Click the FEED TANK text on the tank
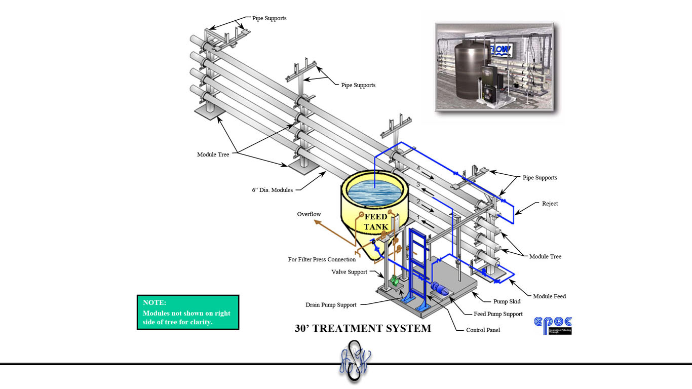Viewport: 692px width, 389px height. (376, 222)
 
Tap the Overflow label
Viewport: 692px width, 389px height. (309, 214)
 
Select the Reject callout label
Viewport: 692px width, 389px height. (550, 204)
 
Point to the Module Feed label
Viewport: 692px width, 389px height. (549, 296)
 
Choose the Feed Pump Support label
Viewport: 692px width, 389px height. (498, 314)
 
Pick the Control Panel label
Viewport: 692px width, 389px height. (483, 330)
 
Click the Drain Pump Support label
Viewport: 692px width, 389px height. (331, 305)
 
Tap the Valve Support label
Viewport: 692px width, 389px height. (349, 272)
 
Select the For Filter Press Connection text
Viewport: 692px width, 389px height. (322, 259)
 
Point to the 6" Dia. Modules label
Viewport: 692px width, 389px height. (272, 190)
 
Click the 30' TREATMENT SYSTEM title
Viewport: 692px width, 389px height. (363, 328)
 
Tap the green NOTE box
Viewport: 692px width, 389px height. (187, 312)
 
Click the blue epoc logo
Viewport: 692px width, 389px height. (553, 325)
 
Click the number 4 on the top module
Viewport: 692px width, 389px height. (418, 168)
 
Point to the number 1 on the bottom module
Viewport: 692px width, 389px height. (418, 217)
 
